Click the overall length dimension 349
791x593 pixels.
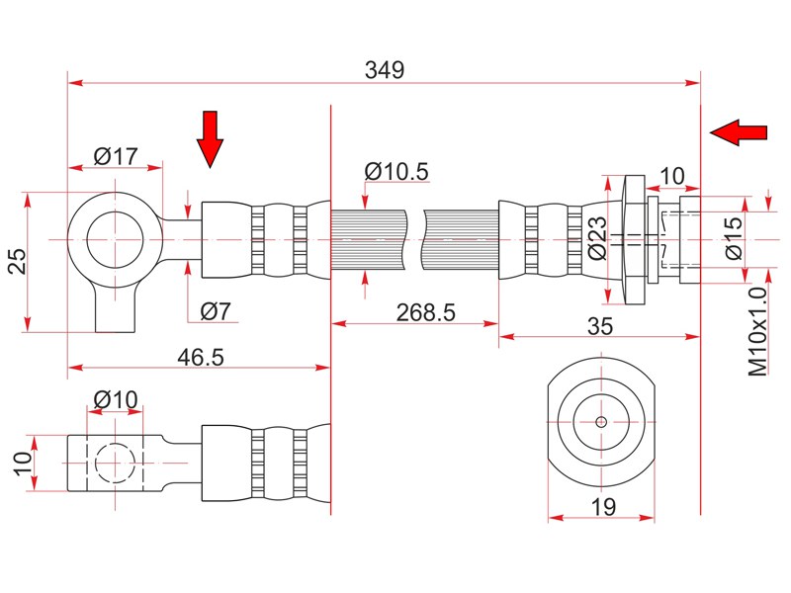pos(385,69)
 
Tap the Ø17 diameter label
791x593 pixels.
pos(116,156)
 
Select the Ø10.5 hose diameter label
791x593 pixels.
pos(396,171)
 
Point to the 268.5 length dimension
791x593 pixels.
pos(425,312)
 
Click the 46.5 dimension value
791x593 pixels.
pos(201,357)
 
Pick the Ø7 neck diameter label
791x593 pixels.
pos(216,311)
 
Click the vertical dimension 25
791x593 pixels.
pos(19,260)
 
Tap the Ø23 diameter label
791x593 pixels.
pos(598,238)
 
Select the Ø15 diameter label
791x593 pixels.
pos(734,238)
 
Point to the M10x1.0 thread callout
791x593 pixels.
pos(757,332)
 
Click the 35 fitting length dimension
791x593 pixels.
pos(600,326)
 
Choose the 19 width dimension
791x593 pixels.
pos(603,507)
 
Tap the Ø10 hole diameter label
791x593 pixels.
pos(116,400)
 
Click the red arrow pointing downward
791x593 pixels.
pos(210,139)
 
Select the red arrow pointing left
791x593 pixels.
pos(739,133)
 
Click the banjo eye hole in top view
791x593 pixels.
pos(116,239)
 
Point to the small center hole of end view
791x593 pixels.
pos(601,422)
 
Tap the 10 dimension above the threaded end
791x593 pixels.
pos(672,177)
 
